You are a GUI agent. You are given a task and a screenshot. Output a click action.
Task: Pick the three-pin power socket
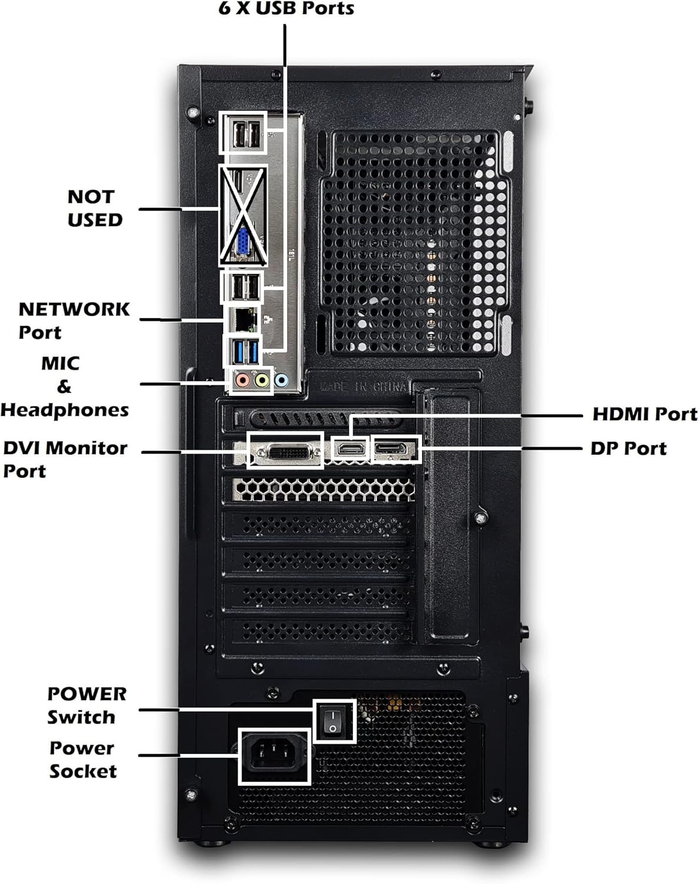coord(273,756)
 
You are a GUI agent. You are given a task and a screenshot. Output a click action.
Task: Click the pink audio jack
coord(240,380)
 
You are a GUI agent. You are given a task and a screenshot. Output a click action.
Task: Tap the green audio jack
coord(261,380)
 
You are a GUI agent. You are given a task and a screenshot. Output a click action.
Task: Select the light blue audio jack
coord(281,380)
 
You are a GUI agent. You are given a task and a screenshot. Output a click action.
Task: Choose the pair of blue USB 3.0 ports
coord(245,352)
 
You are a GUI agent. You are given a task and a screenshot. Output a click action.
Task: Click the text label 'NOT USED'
coord(94,208)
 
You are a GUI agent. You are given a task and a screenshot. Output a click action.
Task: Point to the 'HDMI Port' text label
coord(644,414)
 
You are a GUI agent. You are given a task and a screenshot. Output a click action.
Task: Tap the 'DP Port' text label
coord(628,448)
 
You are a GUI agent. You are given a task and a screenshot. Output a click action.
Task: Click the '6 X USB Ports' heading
coord(286,9)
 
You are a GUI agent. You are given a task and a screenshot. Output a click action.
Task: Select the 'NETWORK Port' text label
coord(73,320)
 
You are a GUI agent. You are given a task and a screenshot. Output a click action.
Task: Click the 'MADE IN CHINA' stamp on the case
coord(364,387)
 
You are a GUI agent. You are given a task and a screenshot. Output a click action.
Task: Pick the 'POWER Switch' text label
coord(86,705)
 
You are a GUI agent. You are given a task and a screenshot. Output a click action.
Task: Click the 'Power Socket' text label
coord(83,759)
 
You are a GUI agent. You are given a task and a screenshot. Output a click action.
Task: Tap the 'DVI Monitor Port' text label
coord(64,459)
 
